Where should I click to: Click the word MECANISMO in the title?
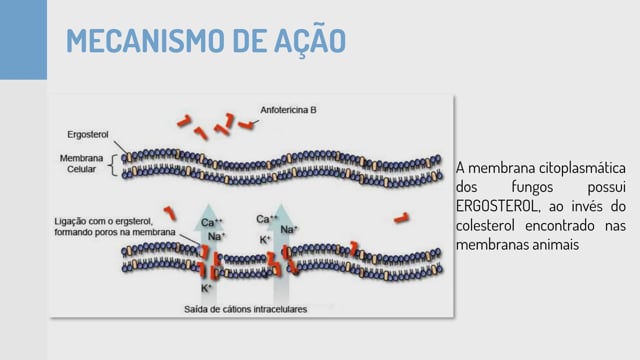click(145, 40)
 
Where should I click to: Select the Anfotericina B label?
click(288, 110)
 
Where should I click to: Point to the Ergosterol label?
click(88, 135)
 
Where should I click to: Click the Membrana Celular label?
click(81, 164)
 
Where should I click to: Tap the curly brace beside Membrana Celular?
click(113, 165)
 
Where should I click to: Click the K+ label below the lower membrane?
click(206, 288)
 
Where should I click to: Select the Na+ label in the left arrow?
click(216, 236)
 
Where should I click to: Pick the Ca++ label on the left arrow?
click(211, 222)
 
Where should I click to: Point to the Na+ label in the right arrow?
click(289, 230)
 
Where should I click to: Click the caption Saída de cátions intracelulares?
click(245, 309)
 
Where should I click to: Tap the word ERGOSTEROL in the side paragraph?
click(496, 206)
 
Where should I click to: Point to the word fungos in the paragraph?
click(532, 187)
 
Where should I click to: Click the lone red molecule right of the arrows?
click(401, 218)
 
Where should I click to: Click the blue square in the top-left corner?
click(23, 40)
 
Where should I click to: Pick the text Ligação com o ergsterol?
click(103, 222)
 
